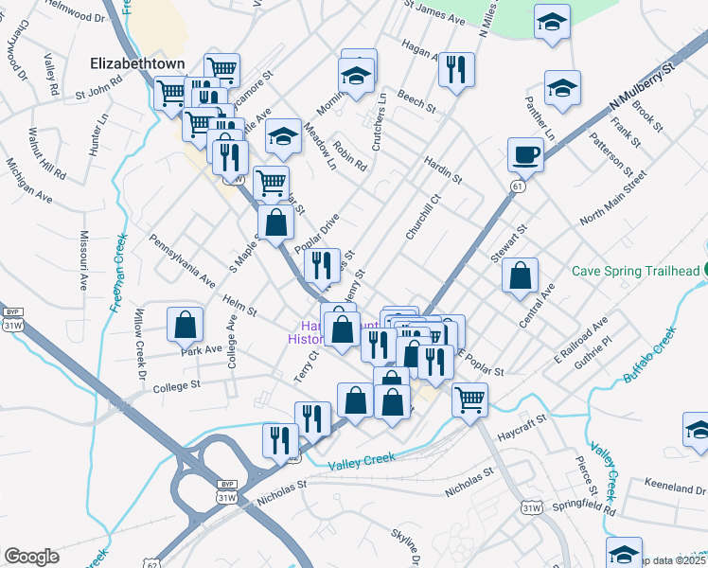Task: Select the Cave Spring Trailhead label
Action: coord(638,271)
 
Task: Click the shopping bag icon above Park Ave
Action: coord(186,324)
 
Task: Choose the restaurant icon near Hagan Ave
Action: coord(456,70)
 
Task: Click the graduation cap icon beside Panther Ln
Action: coord(562,90)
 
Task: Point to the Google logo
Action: coord(31,557)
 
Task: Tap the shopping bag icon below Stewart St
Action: coord(520,277)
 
